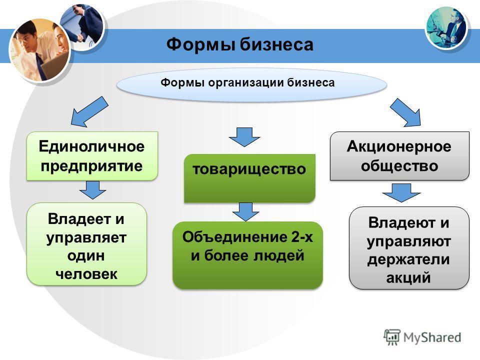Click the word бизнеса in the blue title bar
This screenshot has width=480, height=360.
point(276,44)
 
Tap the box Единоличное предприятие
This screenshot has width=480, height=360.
point(92,156)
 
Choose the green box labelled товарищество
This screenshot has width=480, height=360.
point(249,178)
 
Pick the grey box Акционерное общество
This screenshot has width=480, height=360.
point(399,156)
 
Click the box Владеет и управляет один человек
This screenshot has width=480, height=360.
point(86,244)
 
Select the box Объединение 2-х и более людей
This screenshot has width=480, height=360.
point(247,255)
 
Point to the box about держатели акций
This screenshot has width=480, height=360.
point(409,248)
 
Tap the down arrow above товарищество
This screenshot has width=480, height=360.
point(244,137)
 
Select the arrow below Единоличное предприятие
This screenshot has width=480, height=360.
point(92,190)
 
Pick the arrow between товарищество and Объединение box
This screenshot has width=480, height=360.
point(245,211)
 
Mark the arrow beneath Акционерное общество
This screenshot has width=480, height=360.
point(401,192)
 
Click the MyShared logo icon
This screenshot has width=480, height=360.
point(392,337)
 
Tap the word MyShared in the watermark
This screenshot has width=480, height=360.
point(432,337)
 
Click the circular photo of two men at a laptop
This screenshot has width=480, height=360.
point(40,50)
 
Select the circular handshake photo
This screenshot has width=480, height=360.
point(82,27)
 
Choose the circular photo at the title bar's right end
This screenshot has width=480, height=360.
point(446,28)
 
